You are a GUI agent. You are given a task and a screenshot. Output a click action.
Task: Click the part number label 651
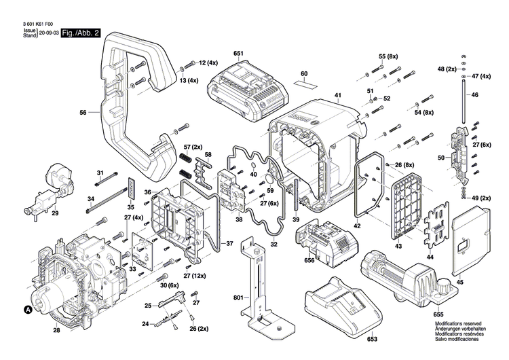click(x=238, y=53)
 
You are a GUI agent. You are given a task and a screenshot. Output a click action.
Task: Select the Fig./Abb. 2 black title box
click(x=81, y=33)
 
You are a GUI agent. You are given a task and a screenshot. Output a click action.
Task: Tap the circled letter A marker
click(x=28, y=310)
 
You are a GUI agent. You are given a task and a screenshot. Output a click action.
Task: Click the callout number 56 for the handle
click(x=83, y=113)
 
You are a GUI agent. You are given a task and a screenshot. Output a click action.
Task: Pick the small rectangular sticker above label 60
click(x=305, y=85)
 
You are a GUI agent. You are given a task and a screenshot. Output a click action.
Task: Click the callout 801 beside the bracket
click(x=238, y=296)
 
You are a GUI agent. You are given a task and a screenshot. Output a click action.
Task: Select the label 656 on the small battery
click(x=309, y=260)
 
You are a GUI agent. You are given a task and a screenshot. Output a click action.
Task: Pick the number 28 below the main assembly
click(x=56, y=330)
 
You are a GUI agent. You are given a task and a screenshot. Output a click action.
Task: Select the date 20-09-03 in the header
click(x=48, y=33)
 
